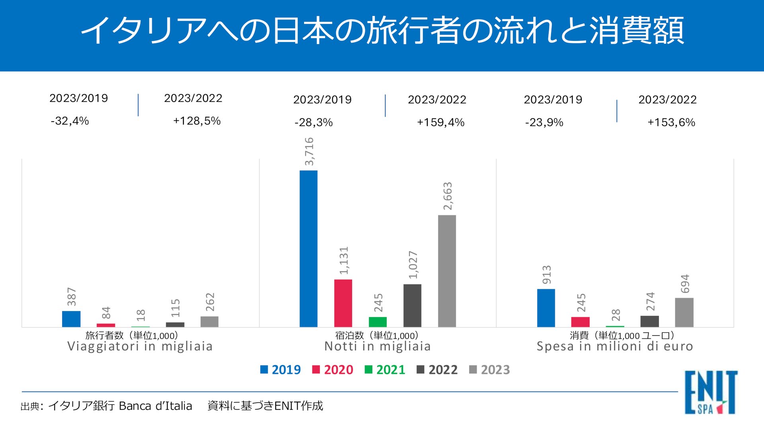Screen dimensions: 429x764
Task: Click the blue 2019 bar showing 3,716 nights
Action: (x=308, y=249)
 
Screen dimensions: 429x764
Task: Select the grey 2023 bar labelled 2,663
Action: (x=447, y=271)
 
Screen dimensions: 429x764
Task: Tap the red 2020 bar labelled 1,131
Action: (x=343, y=303)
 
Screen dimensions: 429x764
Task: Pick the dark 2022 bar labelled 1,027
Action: (x=412, y=305)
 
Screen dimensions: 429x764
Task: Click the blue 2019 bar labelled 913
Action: (x=546, y=308)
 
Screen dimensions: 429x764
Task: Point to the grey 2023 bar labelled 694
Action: (x=684, y=312)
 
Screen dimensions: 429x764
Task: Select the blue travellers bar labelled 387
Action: (x=71, y=319)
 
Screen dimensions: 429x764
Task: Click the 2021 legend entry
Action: (x=385, y=370)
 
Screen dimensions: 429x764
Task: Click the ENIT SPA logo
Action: (x=711, y=392)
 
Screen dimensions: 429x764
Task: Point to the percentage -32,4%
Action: (x=70, y=121)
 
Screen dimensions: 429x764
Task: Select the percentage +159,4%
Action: (x=440, y=122)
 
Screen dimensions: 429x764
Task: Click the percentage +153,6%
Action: (x=671, y=122)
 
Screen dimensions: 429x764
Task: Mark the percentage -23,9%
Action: (x=544, y=122)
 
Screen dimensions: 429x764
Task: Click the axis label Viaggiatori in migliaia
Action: (x=140, y=346)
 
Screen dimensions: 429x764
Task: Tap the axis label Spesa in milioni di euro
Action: (x=615, y=346)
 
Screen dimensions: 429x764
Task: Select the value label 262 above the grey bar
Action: (x=210, y=302)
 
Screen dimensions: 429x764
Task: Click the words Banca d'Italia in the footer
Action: (x=155, y=406)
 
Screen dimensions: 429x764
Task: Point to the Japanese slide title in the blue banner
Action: (x=382, y=31)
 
